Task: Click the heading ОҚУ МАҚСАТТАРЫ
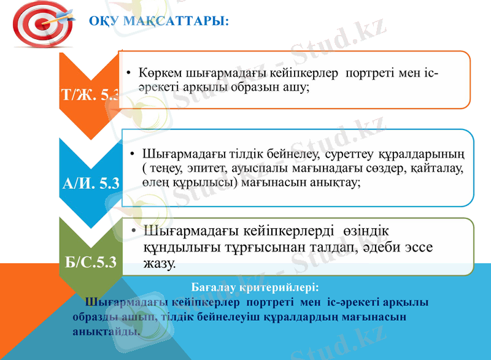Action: [159, 21]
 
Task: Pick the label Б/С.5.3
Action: [91, 264]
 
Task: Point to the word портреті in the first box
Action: [369, 73]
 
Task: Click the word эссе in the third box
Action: [418, 248]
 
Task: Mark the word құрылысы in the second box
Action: [205, 182]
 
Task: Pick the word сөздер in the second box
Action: [379, 167]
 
